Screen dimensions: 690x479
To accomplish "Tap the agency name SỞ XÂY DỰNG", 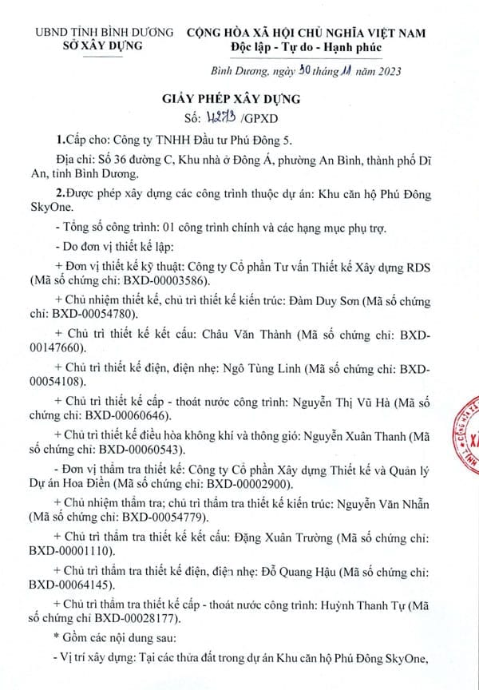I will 103,46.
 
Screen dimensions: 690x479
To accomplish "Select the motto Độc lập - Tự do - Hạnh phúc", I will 307,46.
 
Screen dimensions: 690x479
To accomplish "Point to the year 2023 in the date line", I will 385,70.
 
